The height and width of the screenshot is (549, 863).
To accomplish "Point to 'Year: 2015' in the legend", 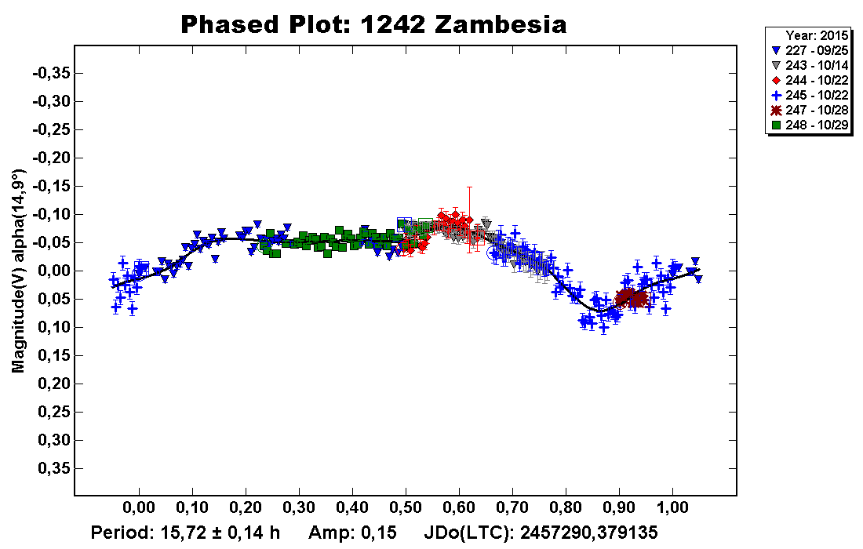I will pyautogui.click(x=817, y=35).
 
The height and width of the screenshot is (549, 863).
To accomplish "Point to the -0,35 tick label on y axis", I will pyautogui.click(x=51, y=73).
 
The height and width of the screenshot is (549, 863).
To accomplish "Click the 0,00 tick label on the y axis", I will pyautogui.click(x=54, y=271).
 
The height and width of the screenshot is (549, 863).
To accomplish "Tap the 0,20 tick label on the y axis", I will pyautogui.click(x=54, y=384).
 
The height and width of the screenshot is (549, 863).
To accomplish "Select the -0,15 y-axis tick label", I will pyautogui.click(x=51, y=186).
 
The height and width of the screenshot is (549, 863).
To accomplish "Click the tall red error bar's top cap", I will pyautogui.click(x=469, y=187).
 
